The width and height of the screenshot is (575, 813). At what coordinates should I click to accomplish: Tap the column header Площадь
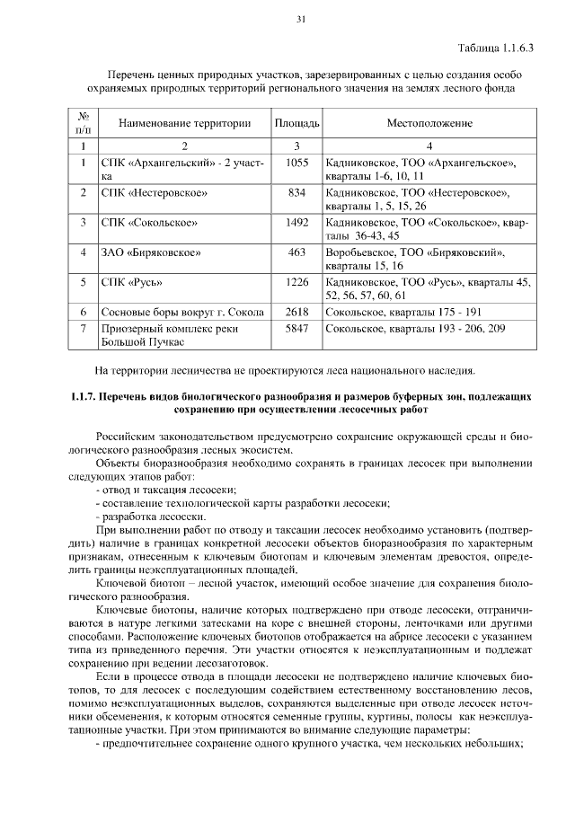[296, 122]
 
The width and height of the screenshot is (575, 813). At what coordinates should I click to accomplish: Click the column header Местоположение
[429, 122]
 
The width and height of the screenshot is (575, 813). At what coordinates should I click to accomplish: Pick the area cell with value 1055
[296, 163]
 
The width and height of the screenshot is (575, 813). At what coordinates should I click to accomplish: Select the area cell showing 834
[296, 192]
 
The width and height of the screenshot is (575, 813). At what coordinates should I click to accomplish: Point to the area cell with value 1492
[296, 221]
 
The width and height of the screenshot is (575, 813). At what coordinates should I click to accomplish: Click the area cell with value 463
[296, 252]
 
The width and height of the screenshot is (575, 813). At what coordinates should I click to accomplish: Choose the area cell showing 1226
[296, 282]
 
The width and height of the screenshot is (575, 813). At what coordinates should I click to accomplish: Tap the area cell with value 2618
[296, 312]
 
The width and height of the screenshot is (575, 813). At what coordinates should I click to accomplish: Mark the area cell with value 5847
[296, 329]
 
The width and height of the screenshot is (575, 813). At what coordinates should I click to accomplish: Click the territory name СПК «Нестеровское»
[155, 192]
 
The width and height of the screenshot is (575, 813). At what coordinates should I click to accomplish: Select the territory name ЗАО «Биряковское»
[150, 252]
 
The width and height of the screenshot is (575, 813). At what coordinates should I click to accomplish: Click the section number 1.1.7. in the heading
[85, 395]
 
